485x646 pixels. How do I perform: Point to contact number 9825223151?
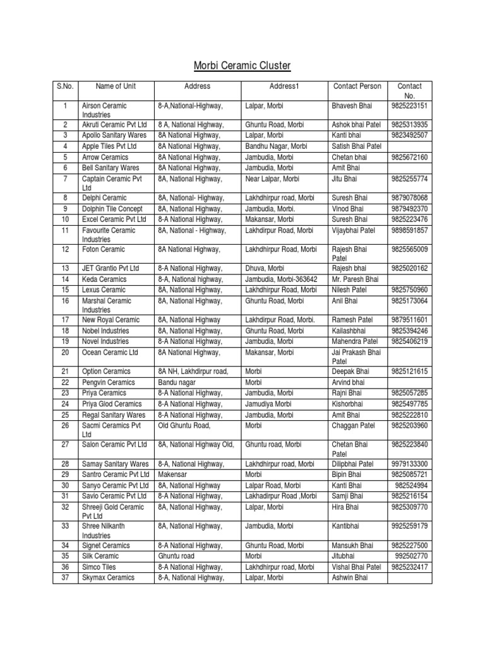pyautogui.click(x=409, y=106)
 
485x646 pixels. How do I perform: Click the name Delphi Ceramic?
pyautogui.click(x=105, y=198)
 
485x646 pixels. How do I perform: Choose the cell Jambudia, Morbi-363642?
pyautogui.click(x=281, y=279)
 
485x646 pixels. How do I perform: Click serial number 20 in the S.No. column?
pyautogui.click(x=64, y=352)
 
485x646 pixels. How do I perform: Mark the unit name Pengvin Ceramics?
pyautogui.click(x=109, y=382)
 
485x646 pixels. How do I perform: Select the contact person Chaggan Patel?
pyautogui.click(x=353, y=426)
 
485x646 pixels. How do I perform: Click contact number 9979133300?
pyautogui.click(x=409, y=464)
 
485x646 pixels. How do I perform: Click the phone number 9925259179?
pyautogui.click(x=409, y=526)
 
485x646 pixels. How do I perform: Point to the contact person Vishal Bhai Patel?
pyautogui.click(x=357, y=567)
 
